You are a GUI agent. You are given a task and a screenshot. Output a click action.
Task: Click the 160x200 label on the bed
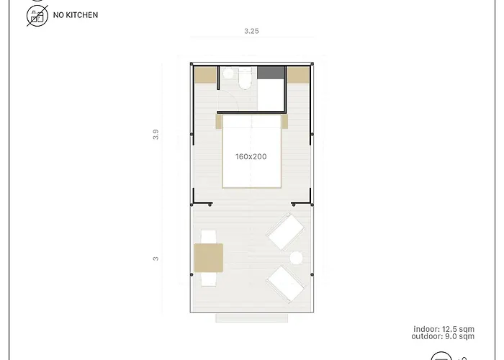click(251, 156)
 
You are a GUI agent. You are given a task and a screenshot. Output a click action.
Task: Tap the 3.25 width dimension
click(251, 32)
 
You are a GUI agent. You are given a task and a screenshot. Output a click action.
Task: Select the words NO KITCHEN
click(76, 15)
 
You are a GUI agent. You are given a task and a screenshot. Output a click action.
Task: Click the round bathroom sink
click(229, 73)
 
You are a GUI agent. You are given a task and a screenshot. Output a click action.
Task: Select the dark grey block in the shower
click(271, 73)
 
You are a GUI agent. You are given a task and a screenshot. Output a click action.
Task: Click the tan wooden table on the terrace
click(208, 257)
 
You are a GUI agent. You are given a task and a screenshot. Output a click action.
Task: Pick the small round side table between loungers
click(295, 258)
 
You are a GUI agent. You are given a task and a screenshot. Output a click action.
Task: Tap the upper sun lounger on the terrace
click(285, 233)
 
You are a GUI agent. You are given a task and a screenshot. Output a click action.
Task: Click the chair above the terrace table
click(209, 237)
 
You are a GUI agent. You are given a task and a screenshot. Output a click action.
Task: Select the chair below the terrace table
click(209, 279)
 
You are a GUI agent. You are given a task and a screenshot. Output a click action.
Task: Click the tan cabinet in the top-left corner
click(205, 75)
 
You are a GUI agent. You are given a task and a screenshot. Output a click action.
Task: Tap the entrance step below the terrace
click(251, 318)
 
